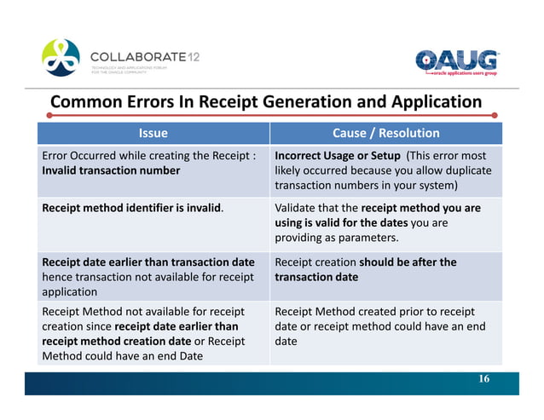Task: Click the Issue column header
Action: tap(153, 133)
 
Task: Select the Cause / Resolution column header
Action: tap(386, 133)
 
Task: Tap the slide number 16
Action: tap(483, 379)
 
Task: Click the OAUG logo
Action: tap(456, 62)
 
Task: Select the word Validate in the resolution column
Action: tap(298, 207)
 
